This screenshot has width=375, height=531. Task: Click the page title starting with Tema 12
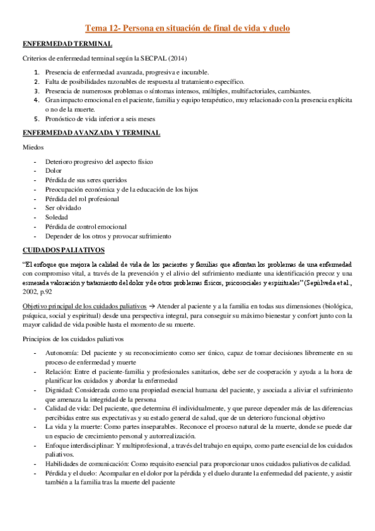(x=187, y=28)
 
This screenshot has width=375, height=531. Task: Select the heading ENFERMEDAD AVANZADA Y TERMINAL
(x=91, y=133)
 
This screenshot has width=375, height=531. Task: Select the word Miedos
(x=33, y=147)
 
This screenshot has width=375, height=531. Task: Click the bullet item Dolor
(x=54, y=170)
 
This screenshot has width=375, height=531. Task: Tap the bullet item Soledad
(x=58, y=217)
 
